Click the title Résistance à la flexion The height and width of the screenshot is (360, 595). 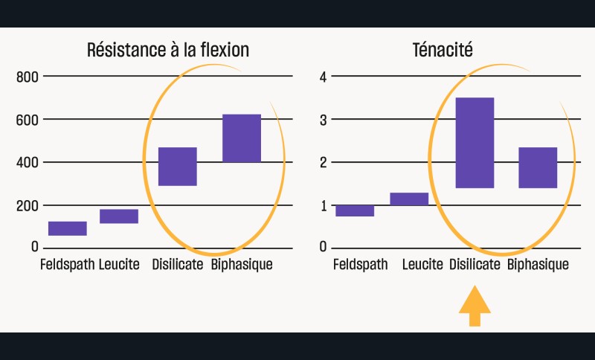(167, 51)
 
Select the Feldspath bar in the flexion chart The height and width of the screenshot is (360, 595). (68, 228)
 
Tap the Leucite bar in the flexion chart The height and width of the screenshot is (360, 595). (119, 216)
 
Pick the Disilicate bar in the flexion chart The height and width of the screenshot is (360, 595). (177, 166)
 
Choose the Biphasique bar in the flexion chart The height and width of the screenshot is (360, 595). (242, 138)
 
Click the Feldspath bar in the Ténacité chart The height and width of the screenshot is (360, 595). (355, 210)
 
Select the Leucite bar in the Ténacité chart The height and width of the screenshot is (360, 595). (409, 199)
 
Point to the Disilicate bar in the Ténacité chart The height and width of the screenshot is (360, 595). (475, 142)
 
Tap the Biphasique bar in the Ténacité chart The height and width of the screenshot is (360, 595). (538, 167)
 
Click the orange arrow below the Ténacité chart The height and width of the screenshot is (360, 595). (475, 308)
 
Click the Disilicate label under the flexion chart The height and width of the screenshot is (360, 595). (178, 265)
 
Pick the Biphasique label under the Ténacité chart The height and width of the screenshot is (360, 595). (538, 265)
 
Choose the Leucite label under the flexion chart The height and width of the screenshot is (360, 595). (119, 265)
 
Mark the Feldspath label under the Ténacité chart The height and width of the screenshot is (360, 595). (361, 265)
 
